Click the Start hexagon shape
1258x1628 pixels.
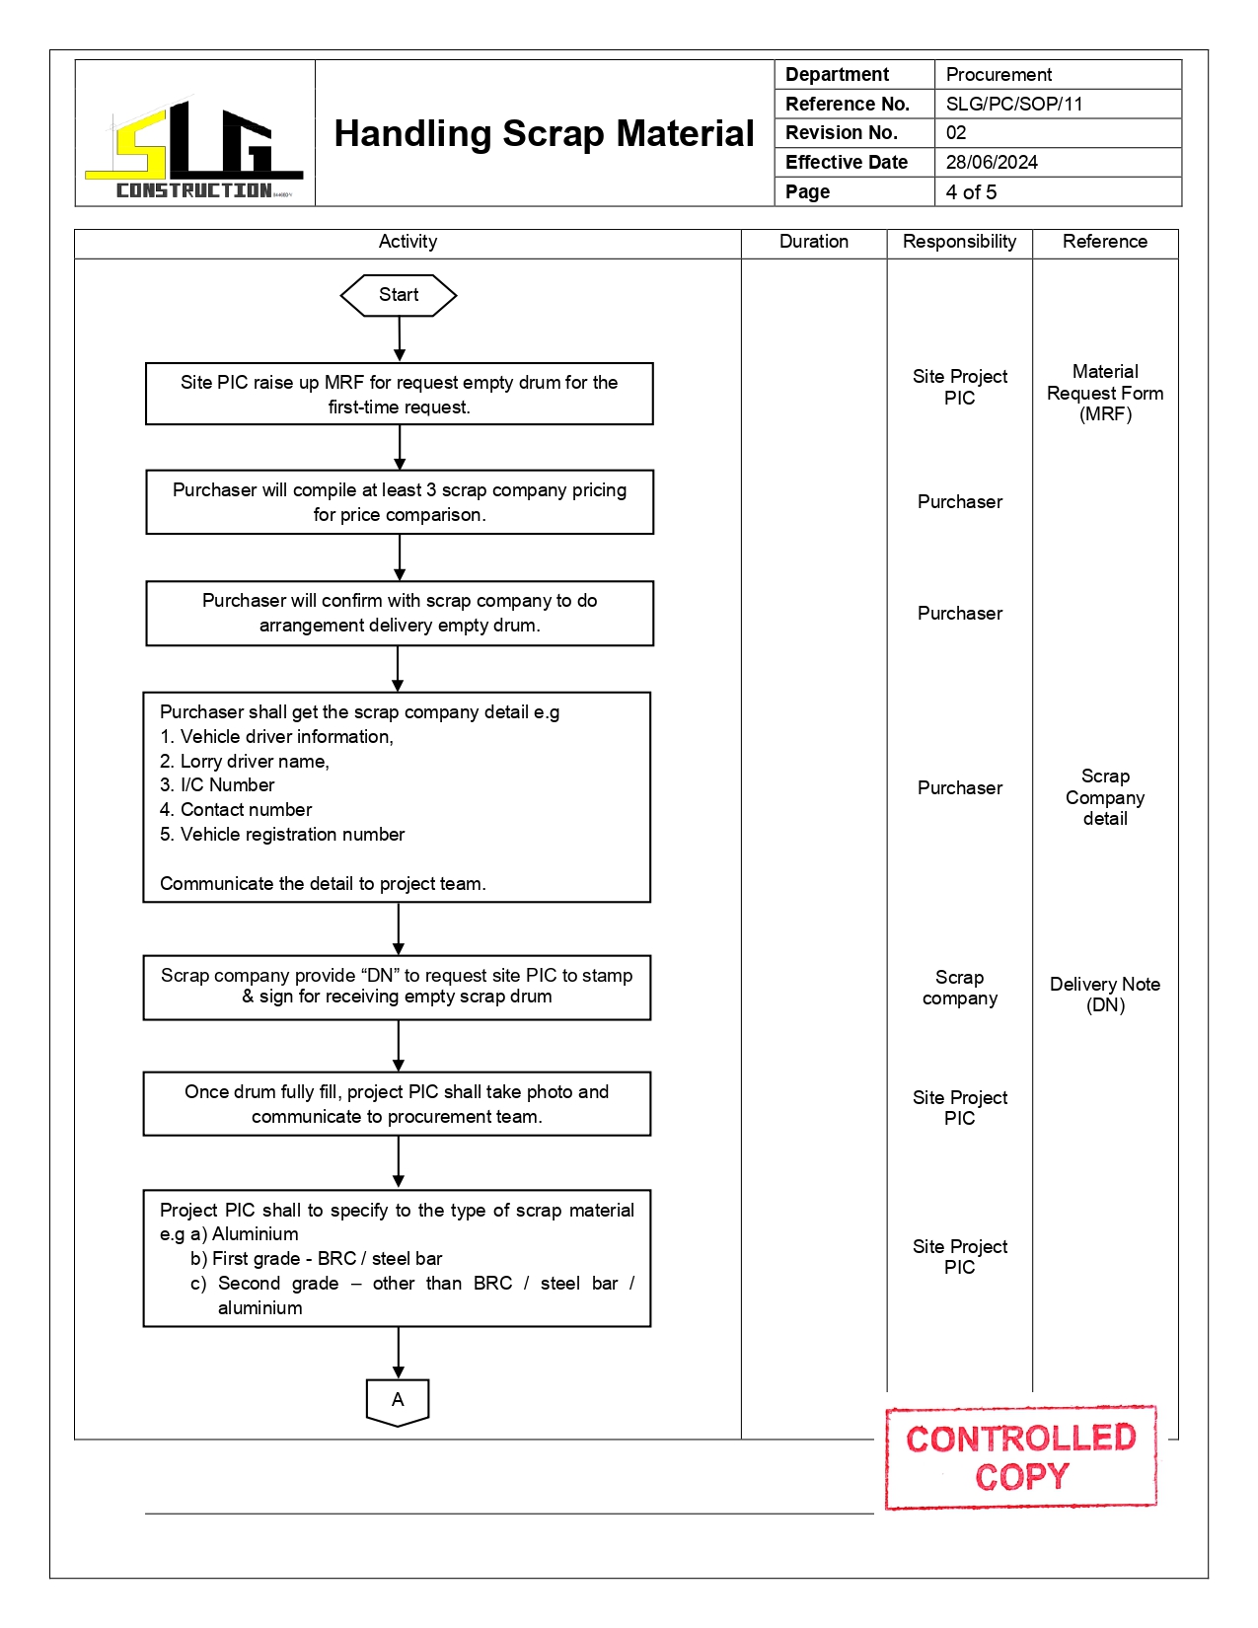tap(399, 295)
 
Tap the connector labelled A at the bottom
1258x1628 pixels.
tap(398, 1401)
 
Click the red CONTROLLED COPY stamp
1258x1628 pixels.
tap(1020, 1457)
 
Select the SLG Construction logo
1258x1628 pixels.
tap(194, 148)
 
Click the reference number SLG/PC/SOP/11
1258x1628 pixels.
tap(1014, 104)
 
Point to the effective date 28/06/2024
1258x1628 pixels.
tap(992, 162)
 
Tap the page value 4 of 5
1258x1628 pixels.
tap(971, 191)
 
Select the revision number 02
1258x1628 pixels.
tap(956, 132)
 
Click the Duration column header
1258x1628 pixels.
tap(813, 242)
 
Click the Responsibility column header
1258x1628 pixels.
tap(959, 242)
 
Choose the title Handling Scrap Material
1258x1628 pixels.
tap(544, 133)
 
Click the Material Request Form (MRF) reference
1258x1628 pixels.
tap(1105, 393)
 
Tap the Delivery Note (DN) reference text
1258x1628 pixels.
tap(1105, 995)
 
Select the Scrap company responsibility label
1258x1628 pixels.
tap(959, 988)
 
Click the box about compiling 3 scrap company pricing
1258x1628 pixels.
tap(400, 502)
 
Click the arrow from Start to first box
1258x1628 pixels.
tap(400, 338)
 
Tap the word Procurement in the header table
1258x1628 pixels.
tap(999, 75)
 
